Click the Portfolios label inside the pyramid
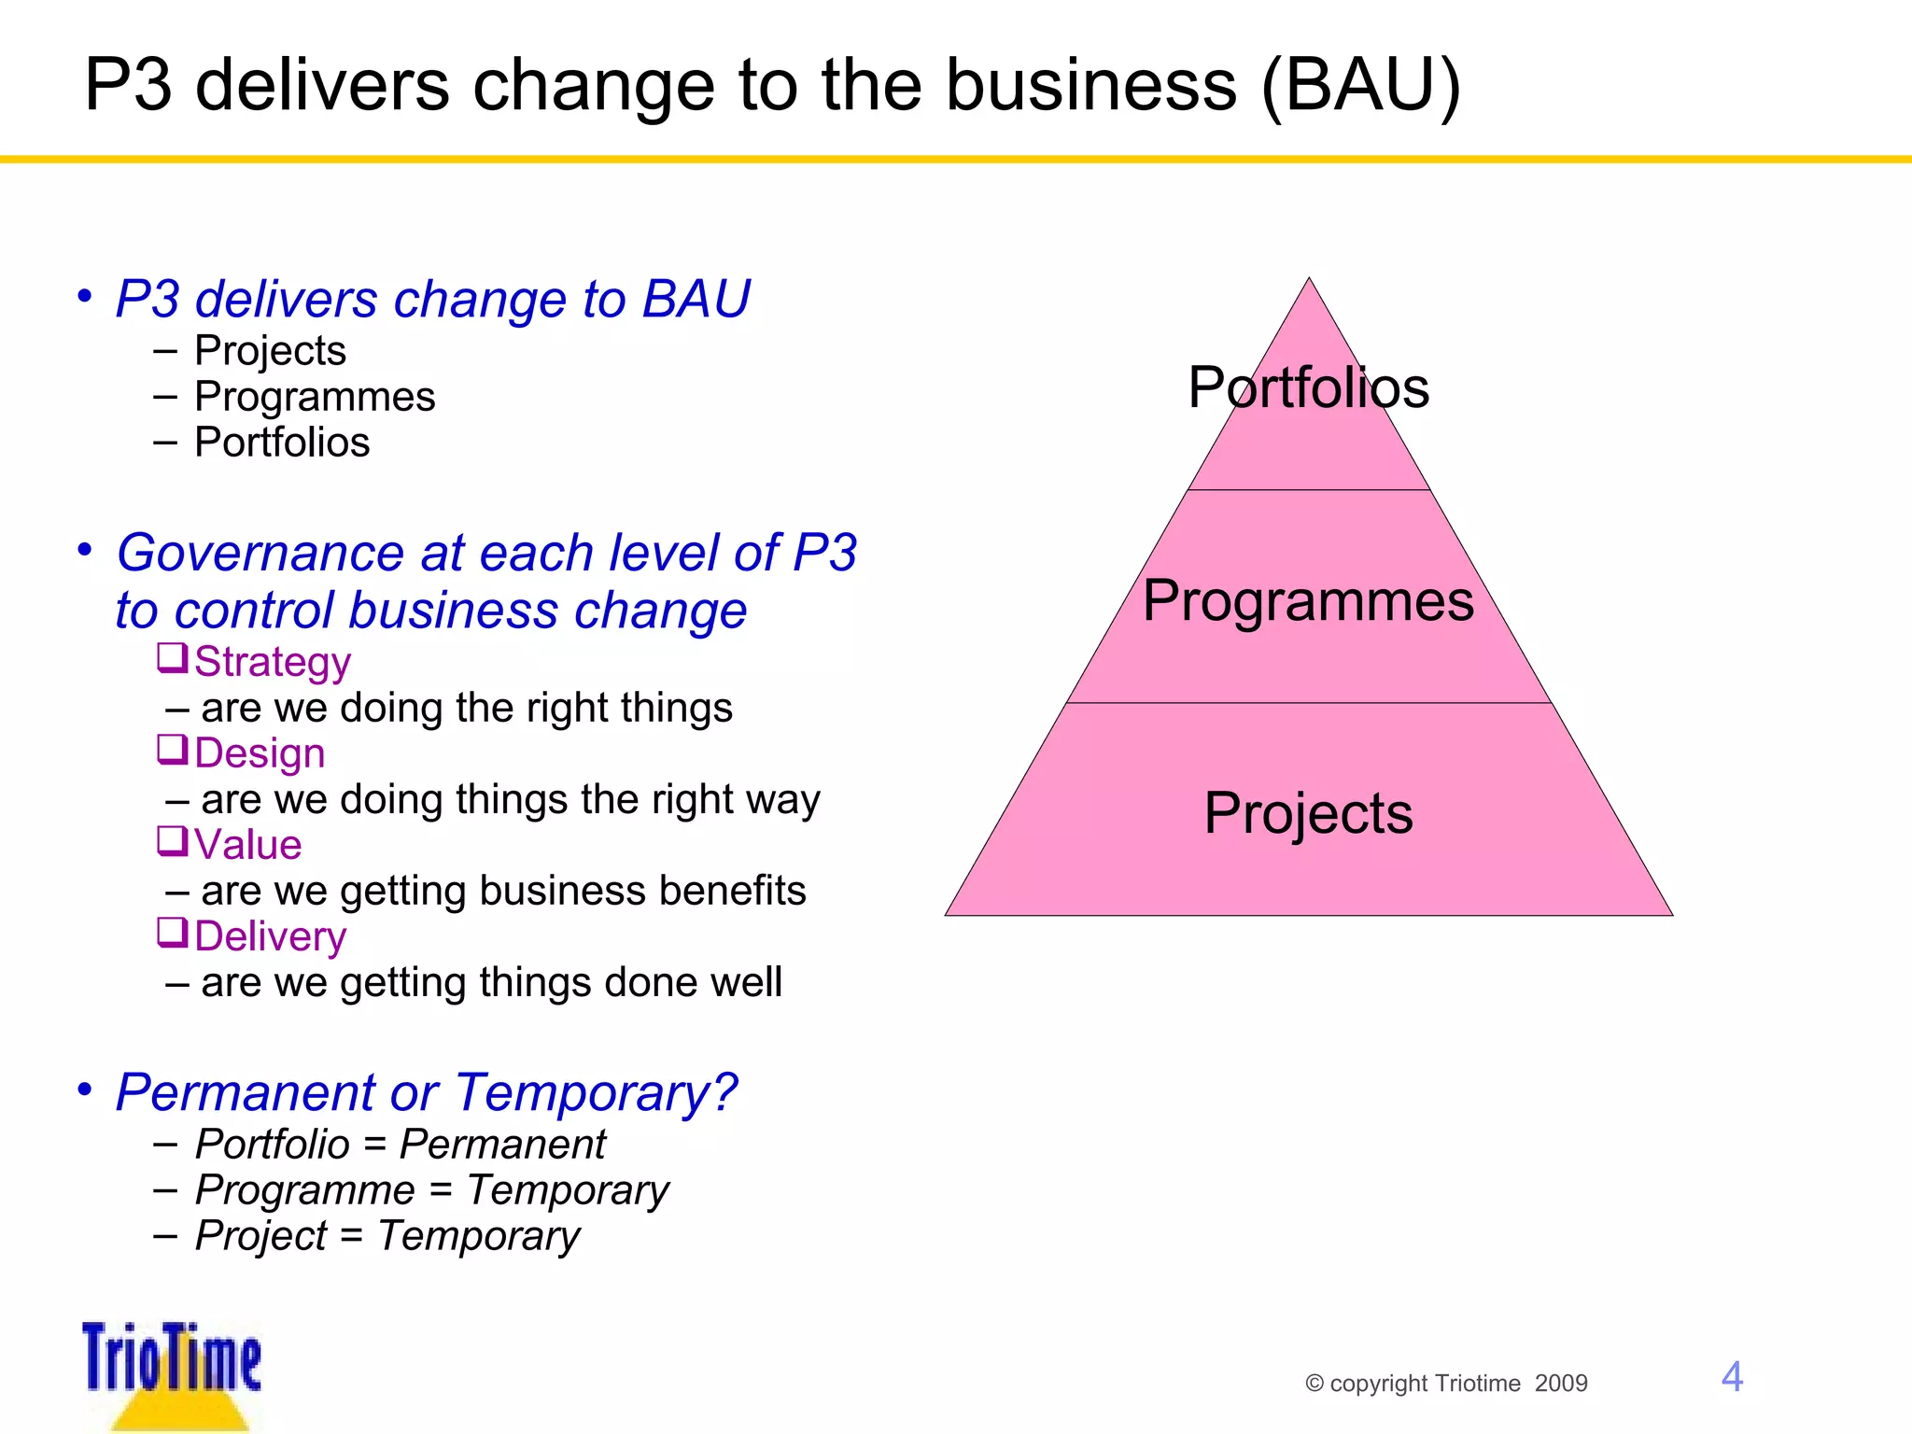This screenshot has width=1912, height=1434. point(1308,387)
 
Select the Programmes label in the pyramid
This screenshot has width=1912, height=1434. point(1308,600)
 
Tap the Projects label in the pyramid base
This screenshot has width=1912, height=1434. point(1308,813)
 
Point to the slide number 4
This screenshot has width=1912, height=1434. point(1732,1377)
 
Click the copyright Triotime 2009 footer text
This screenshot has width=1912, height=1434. point(1446,1384)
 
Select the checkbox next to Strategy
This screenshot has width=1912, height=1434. point(172,657)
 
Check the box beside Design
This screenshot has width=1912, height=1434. point(172,749)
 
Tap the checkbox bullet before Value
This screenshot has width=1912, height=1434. point(172,840)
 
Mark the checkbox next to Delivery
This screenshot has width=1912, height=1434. point(172,932)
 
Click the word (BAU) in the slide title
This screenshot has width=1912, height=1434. point(1360,86)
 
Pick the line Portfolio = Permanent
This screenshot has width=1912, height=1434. point(401,1145)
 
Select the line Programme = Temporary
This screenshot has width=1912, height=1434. point(432,1190)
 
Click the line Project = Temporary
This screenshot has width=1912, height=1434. point(387,1236)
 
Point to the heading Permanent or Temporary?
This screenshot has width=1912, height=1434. point(427,1092)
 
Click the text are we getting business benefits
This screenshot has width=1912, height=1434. point(502,891)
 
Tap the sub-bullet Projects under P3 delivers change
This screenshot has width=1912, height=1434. point(270,351)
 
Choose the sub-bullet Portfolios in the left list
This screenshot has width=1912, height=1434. point(282,443)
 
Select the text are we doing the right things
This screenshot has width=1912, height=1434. point(466,708)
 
